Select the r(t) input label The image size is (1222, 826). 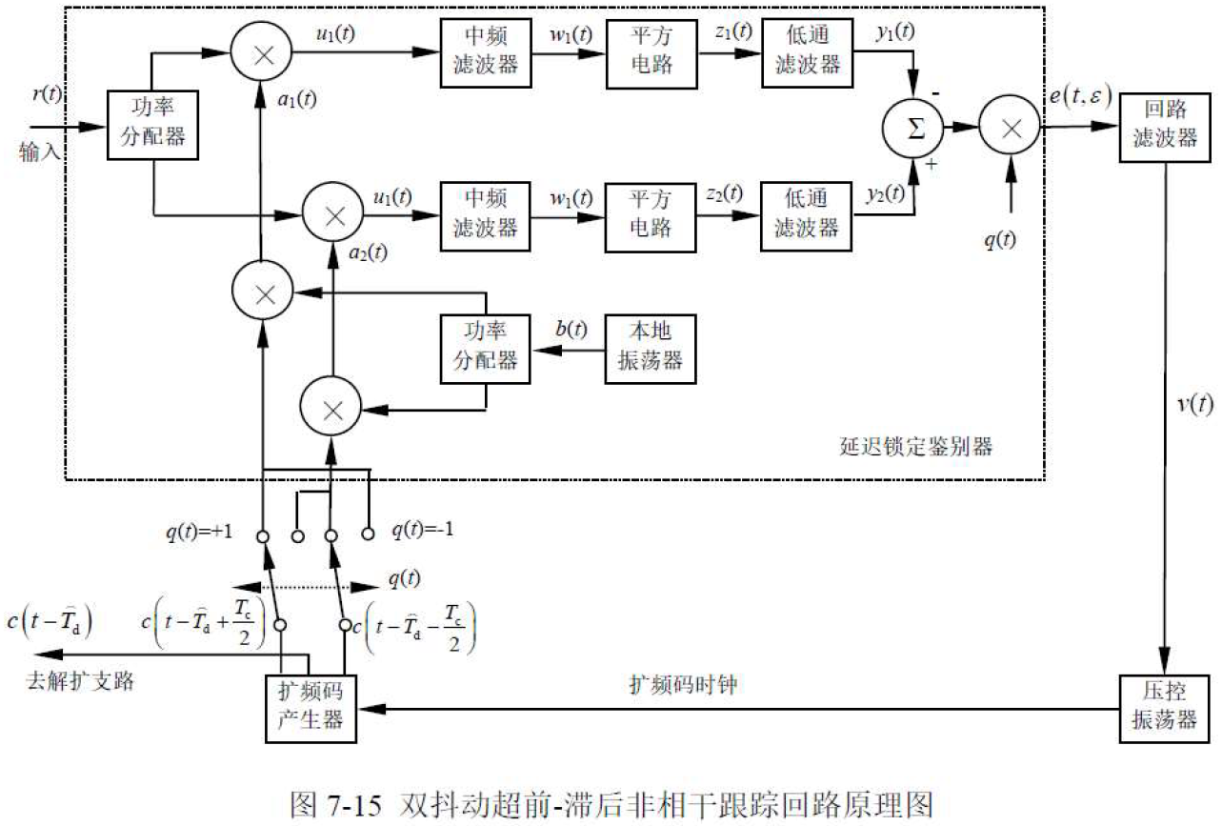(48, 94)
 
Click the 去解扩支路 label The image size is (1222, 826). (80, 680)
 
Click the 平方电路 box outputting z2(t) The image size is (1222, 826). (650, 214)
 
